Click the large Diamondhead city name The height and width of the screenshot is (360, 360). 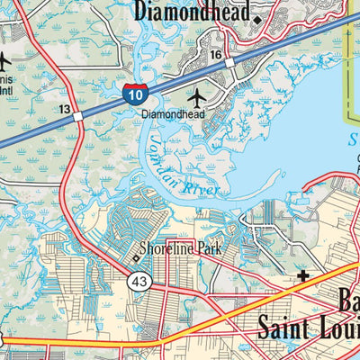coord(191,11)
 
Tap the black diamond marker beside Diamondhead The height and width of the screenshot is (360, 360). coord(256,19)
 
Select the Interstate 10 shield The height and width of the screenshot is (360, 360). coord(134,93)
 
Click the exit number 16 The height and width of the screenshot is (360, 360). coord(215,55)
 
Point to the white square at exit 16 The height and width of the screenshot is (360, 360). coord(229,64)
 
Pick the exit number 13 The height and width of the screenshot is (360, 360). coord(65,108)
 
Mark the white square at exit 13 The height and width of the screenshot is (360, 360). coord(78,116)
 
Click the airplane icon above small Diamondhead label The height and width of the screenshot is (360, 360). coord(197,95)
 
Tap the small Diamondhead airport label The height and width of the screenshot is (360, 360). coord(173,114)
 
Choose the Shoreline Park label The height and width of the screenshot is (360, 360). coord(180,255)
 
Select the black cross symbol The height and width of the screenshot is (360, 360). coord(302,278)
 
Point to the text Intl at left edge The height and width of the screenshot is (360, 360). coord(5,90)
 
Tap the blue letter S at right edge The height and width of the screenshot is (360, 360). coord(354,140)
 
